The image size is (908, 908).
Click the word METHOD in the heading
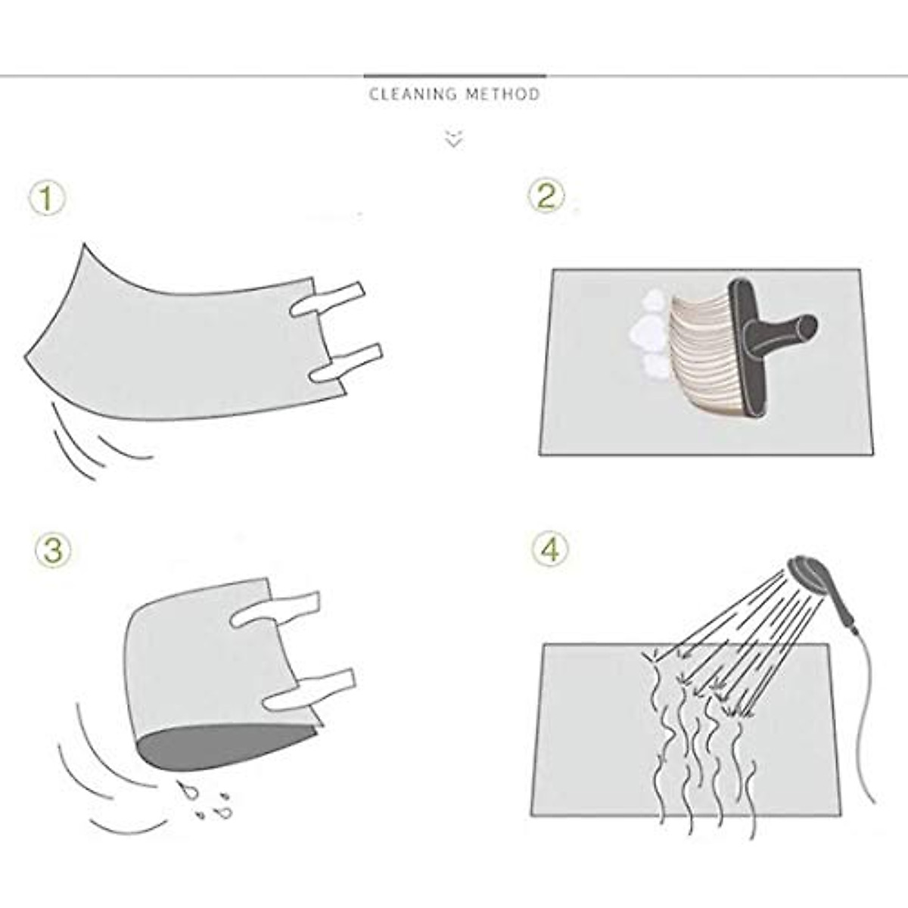click(502, 95)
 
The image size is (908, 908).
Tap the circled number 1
click(47, 199)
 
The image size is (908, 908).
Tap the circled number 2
click(546, 196)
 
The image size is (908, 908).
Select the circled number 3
click(53, 550)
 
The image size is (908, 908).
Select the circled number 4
click(550, 549)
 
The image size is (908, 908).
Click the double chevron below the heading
click(454, 138)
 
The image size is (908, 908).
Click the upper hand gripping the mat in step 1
click(328, 300)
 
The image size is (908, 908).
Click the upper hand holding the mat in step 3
click(275, 610)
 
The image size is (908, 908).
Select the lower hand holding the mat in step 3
click(309, 692)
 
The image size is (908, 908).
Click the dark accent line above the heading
click(455, 76)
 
